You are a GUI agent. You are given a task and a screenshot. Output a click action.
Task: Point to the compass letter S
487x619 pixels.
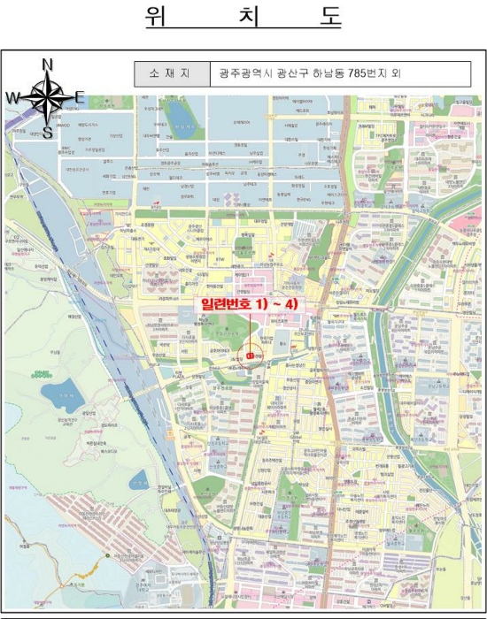tap(48, 133)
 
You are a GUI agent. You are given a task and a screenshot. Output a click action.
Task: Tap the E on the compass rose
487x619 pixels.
tap(80, 97)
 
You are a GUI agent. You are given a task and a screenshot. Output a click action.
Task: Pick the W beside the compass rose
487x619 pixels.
tap(13, 97)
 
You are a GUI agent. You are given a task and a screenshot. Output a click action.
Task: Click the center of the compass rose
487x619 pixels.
tap(48, 97)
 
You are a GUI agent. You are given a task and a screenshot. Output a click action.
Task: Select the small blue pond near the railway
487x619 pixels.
tap(140, 482)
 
